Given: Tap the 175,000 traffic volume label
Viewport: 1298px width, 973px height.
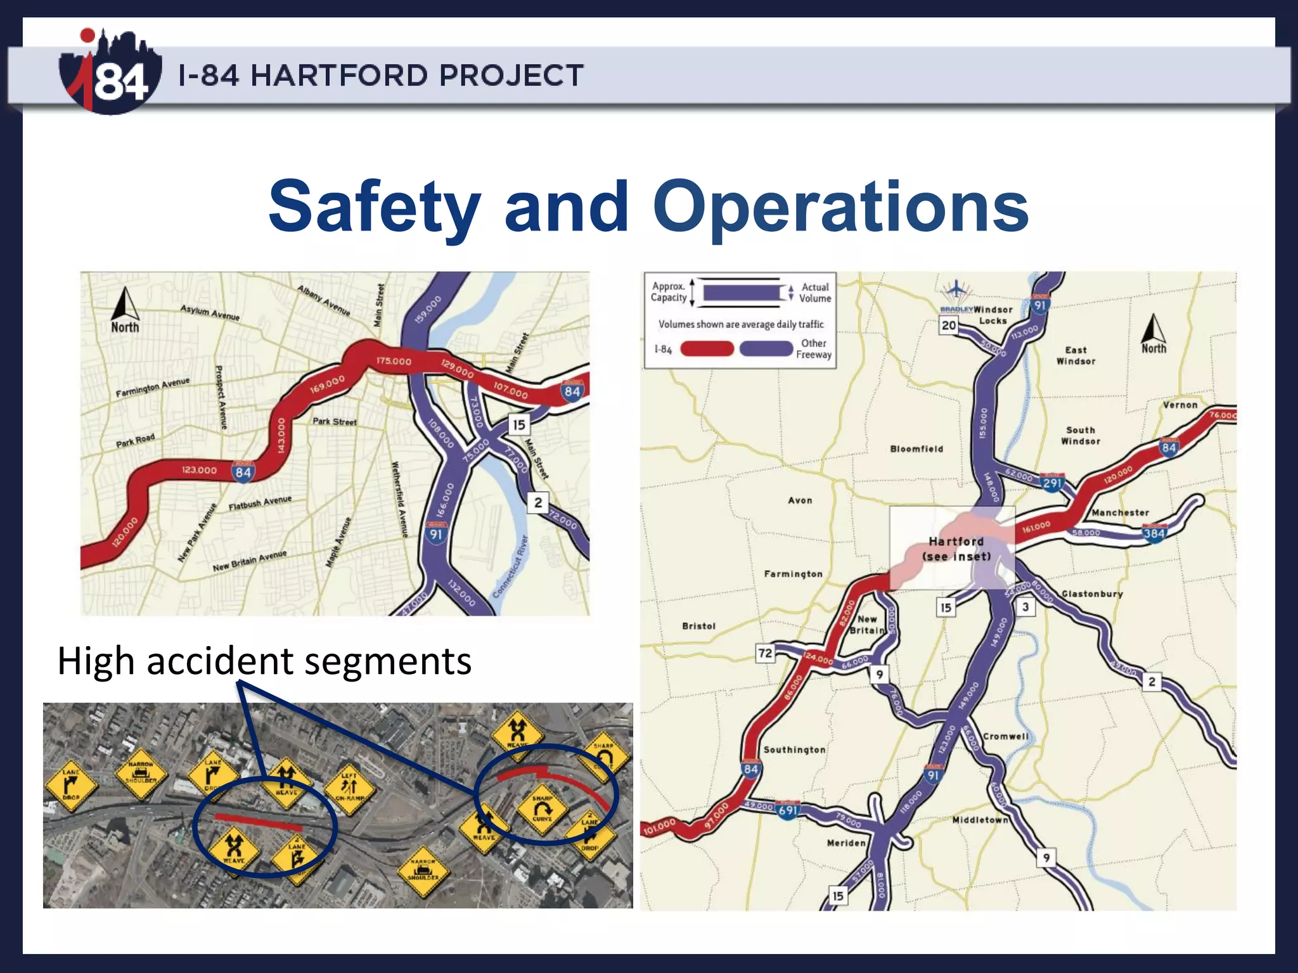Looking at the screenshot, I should point(394,361).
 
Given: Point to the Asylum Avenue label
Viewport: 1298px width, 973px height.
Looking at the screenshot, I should point(210,312).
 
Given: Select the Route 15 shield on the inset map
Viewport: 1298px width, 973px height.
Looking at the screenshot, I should point(519,424).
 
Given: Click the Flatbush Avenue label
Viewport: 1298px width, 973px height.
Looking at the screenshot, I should point(260,503).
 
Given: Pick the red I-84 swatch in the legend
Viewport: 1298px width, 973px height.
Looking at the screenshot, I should point(707,348).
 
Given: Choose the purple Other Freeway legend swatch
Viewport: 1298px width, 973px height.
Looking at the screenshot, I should point(766,348).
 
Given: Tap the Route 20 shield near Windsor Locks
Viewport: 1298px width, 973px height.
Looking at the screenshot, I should point(949,325).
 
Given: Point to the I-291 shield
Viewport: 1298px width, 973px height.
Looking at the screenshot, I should point(1052,483).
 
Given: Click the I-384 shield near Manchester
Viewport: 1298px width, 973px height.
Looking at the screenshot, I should point(1153,533).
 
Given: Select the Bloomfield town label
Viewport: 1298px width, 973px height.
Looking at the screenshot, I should point(916,449).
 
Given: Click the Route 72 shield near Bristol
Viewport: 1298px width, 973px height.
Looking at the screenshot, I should point(766,653).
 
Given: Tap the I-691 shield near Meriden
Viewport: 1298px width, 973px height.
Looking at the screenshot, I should point(788,810).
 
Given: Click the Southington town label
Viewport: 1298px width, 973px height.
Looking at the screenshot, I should point(794,750).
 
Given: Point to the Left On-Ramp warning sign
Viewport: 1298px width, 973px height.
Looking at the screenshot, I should point(349,787).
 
